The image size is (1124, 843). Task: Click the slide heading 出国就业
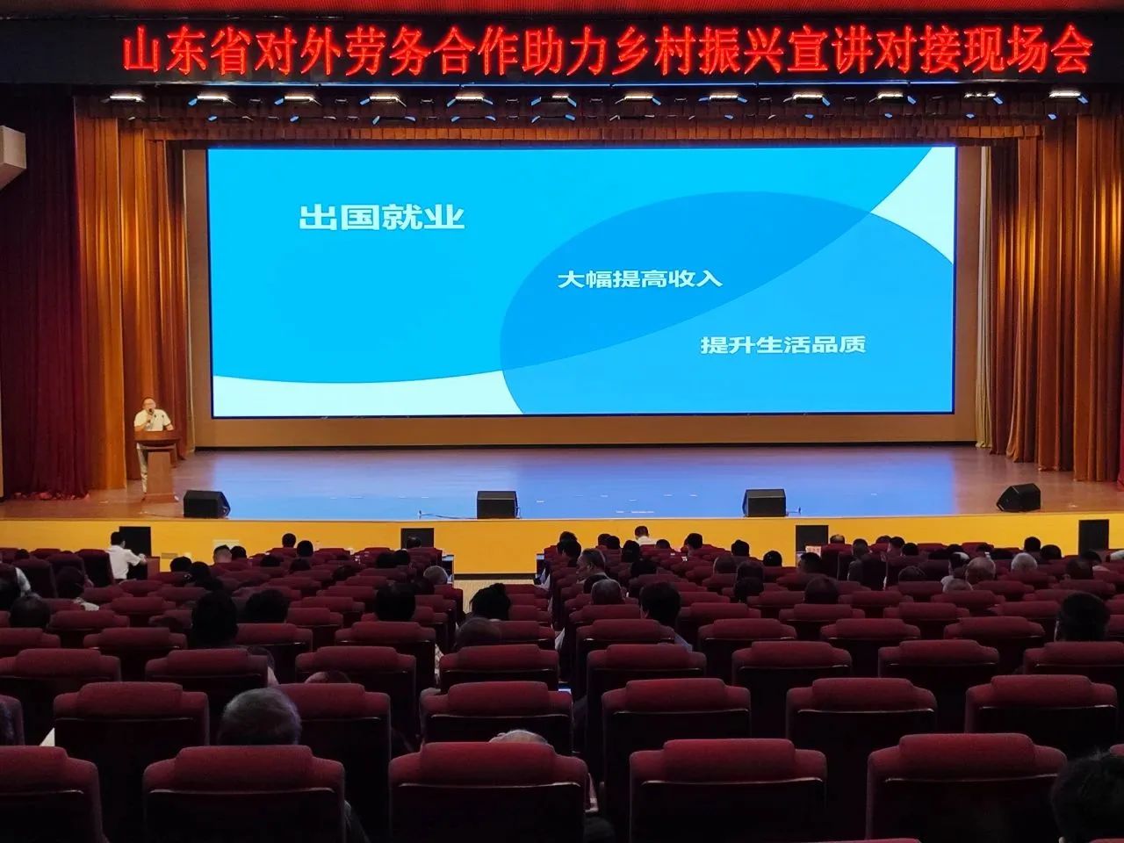tap(381, 217)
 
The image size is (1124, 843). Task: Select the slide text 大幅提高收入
tap(639, 279)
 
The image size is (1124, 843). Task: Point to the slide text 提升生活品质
tap(782, 344)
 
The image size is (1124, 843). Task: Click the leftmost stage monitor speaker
tap(205, 503)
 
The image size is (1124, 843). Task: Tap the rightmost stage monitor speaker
tap(1019, 497)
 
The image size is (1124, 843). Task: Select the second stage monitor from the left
tap(497, 504)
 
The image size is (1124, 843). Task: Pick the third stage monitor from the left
tap(764, 502)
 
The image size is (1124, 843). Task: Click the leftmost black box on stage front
tap(135, 537)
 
